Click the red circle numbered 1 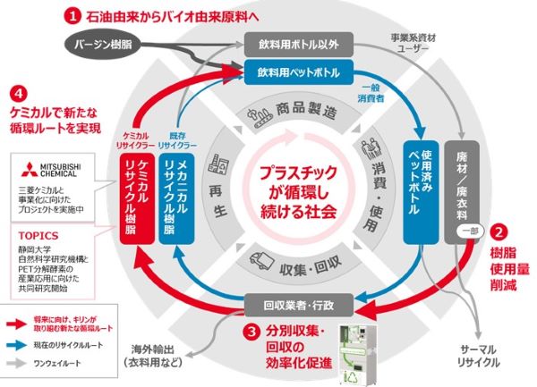coord(75,14)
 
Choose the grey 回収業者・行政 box coord(294,307)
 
